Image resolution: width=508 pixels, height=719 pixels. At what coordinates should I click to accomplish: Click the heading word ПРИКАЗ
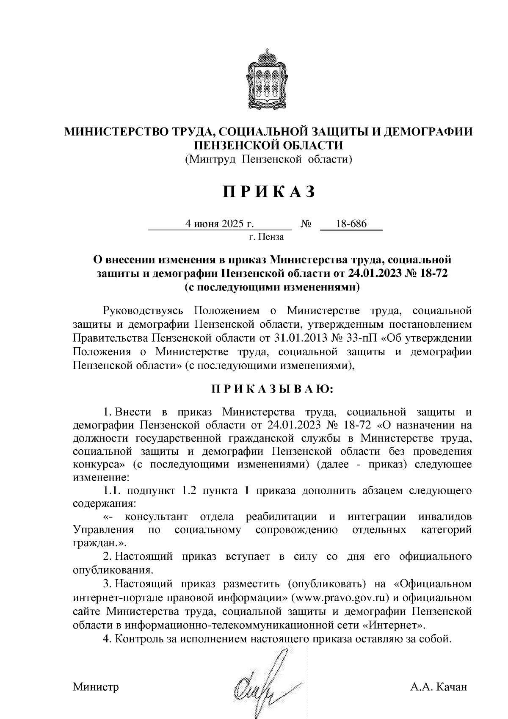tap(269, 192)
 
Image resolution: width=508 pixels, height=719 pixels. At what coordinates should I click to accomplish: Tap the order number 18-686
tap(351, 224)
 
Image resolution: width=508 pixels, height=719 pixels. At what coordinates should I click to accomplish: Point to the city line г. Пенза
tap(266, 237)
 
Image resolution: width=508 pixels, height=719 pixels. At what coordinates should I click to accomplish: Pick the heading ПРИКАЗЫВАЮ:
tap(273, 389)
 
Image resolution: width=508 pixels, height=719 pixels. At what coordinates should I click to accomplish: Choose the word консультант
tap(156, 517)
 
